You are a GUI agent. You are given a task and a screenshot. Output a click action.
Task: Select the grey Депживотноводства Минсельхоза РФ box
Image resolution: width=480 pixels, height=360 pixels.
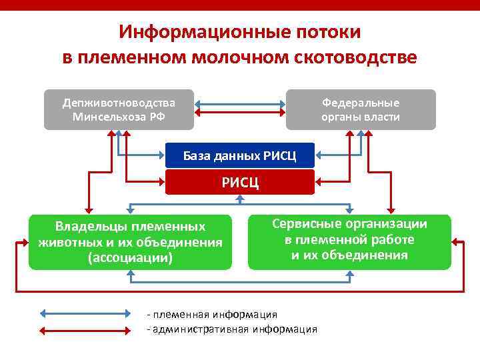tap(119, 110)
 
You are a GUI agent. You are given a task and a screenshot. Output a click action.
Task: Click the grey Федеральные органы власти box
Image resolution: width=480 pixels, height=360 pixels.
tap(361, 110)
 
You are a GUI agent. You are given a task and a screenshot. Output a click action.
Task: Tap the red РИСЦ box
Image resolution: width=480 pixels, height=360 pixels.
tap(239, 182)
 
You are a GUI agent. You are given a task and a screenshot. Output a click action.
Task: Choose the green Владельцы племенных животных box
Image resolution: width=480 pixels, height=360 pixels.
tap(130, 242)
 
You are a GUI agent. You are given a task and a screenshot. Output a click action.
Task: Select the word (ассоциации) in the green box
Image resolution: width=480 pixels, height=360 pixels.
tap(130, 257)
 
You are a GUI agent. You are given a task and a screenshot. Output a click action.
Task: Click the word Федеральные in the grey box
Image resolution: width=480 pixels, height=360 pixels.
tap(361, 103)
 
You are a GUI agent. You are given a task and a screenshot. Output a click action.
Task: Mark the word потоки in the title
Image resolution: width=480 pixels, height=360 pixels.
tap(327, 32)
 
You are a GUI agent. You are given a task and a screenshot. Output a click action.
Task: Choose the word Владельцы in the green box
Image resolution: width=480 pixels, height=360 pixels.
tap(89, 227)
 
